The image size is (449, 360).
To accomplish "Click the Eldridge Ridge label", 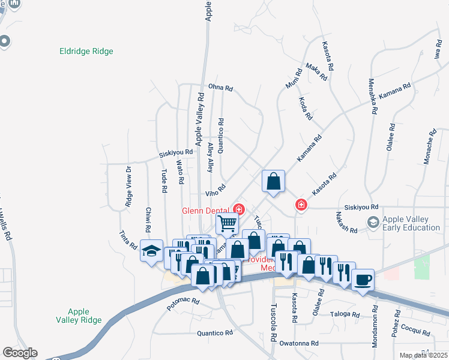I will pyautogui.click(x=86, y=52).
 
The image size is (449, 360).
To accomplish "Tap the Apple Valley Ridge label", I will pyautogui.click(x=78, y=316).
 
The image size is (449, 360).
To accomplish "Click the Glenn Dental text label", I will pyautogui.click(x=207, y=210).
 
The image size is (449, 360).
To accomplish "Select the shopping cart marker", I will pyautogui.click(x=228, y=223).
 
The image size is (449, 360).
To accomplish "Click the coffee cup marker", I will pyautogui.click(x=363, y=279).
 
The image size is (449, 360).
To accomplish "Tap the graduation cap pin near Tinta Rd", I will pyautogui.click(x=151, y=250).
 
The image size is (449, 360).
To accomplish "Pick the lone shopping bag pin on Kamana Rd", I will pyautogui.click(x=273, y=181).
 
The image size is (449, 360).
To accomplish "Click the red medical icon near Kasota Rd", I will pyautogui.click(x=301, y=205).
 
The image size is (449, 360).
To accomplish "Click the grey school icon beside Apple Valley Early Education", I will pyautogui.click(x=373, y=223).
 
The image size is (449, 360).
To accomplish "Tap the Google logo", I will pyautogui.click(x=20, y=353).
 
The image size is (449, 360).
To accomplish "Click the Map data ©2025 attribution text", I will pyautogui.click(x=423, y=355).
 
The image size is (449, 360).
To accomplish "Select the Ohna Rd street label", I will pyautogui.click(x=220, y=88).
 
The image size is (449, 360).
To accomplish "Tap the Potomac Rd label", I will pyautogui.click(x=182, y=304).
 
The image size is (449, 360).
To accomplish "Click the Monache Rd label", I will pyautogui.click(x=429, y=146).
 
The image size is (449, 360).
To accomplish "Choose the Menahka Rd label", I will pyautogui.click(x=373, y=96).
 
